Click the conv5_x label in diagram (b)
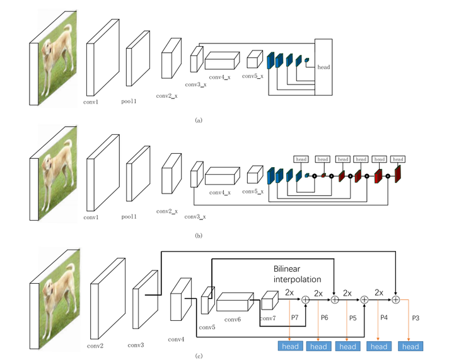coord(253,192)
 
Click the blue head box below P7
coord(290,346)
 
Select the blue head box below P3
coord(410,346)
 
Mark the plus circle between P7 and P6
coord(306,299)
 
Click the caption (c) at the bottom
coord(199,356)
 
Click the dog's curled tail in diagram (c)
coord(71,269)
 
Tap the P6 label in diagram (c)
coord(324,317)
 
